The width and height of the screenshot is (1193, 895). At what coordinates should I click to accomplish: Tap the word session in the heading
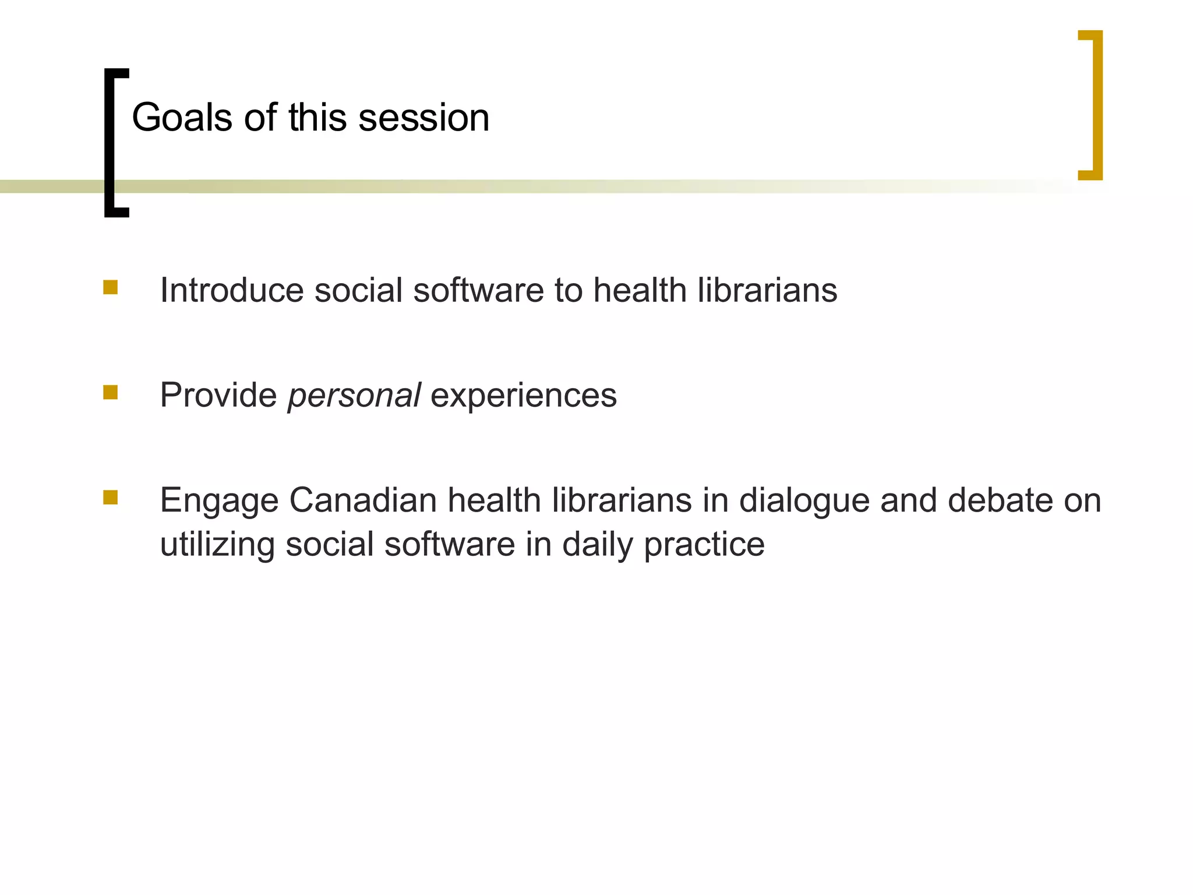tap(423, 118)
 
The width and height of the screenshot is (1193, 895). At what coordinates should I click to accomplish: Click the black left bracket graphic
tap(110, 143)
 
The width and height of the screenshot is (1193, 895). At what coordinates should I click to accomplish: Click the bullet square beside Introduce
tap(110, 288)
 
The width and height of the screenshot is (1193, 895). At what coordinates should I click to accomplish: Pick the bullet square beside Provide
tap(110, 392)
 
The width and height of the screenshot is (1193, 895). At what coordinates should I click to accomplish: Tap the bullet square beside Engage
tap(110, 497)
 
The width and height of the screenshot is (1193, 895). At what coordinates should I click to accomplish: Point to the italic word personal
tap(354, 396)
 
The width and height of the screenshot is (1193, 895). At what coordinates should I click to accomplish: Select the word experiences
tap(523, 396)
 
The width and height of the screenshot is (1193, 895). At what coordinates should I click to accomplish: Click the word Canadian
tap(362, 501)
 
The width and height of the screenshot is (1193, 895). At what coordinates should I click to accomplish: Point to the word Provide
tap(218, 395)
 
